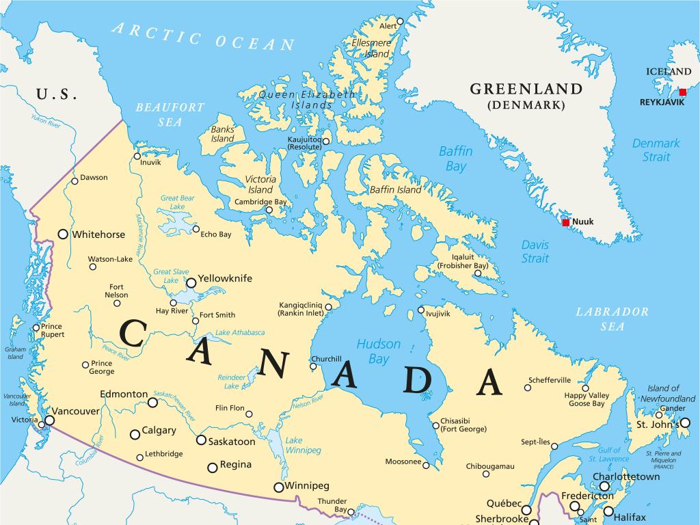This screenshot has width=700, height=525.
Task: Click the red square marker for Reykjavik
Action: tap(682, 92)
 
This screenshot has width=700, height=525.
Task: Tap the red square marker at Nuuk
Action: tap(566, 222)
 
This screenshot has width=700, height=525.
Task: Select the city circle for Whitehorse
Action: tap(63, 234)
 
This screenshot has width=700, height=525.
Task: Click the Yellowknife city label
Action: tap(215, 279)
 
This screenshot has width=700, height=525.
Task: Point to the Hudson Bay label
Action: tap(378, 351)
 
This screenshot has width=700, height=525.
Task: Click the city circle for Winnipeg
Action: tap(278, 487)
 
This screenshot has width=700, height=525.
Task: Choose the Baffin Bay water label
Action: tap(453, 159)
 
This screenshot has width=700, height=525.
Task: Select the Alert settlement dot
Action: tap(400, 21)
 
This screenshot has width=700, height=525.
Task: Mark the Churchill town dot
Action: tap(313, 366)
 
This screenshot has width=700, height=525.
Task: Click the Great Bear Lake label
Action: tap(177, 202)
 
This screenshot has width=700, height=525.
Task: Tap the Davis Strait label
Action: tap(535, 251)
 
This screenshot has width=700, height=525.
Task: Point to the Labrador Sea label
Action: tap(612, 319)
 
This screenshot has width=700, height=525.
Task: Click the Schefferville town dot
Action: tap(527, 388)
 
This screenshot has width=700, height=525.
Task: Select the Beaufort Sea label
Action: tap(170, 114)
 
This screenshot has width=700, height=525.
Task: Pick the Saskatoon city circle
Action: tap(201, 440)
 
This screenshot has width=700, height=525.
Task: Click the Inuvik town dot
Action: tap(137, 154)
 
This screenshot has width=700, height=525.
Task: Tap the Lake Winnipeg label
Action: tap(303, 445)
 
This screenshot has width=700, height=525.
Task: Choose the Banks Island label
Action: tap(222, 134)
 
